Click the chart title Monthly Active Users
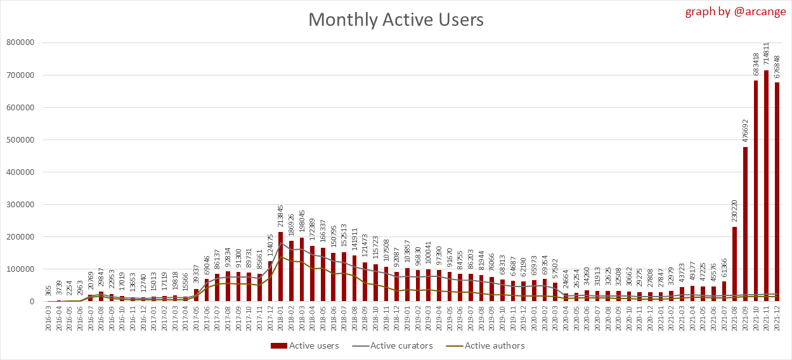[396, 20]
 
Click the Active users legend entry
[305, 345]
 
